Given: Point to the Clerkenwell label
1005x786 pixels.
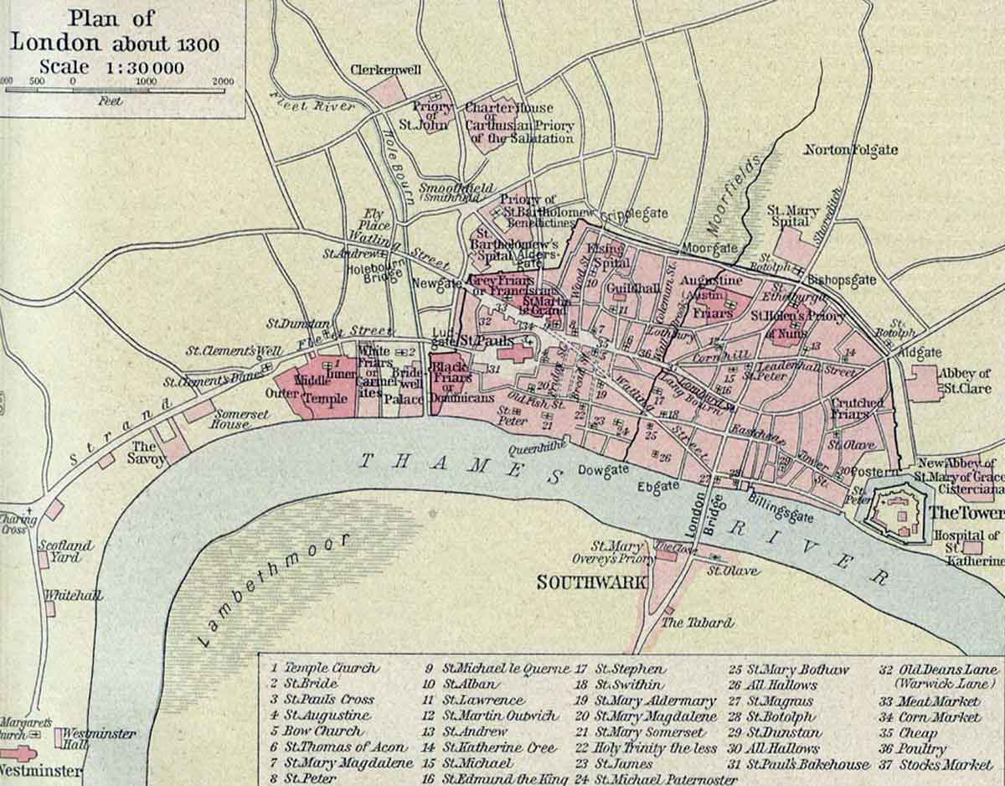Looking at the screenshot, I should [x=385, y=70].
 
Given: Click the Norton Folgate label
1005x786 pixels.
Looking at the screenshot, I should [x=850, y=150].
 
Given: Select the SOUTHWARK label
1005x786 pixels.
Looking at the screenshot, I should [x=591, y=582].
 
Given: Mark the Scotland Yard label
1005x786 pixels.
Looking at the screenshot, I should [x=65, y=551].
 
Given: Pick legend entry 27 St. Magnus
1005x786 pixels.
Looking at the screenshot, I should [x=770, y=701].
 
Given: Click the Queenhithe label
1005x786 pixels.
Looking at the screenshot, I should [x=534, y=449].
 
